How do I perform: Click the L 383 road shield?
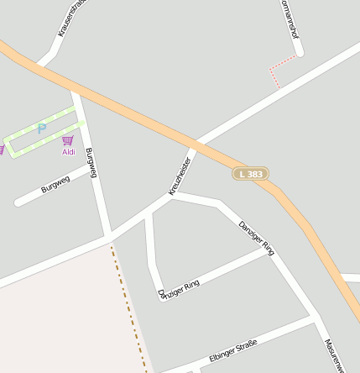250,173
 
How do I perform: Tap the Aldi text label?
69,152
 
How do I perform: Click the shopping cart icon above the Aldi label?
68,140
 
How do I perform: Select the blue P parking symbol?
41,129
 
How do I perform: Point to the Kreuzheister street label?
180,176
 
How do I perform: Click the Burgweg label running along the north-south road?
91,162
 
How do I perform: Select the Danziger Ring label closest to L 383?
257,237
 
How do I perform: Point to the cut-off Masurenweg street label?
334,355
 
